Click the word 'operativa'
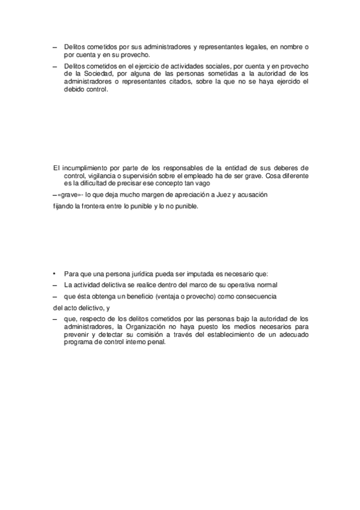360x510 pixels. coord(243,284)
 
